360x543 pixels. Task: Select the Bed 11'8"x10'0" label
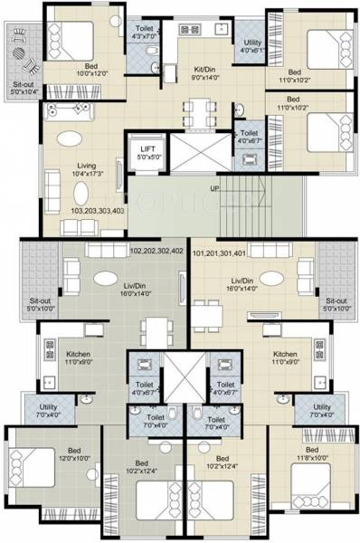312,453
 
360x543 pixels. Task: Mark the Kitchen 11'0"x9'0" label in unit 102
78,357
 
